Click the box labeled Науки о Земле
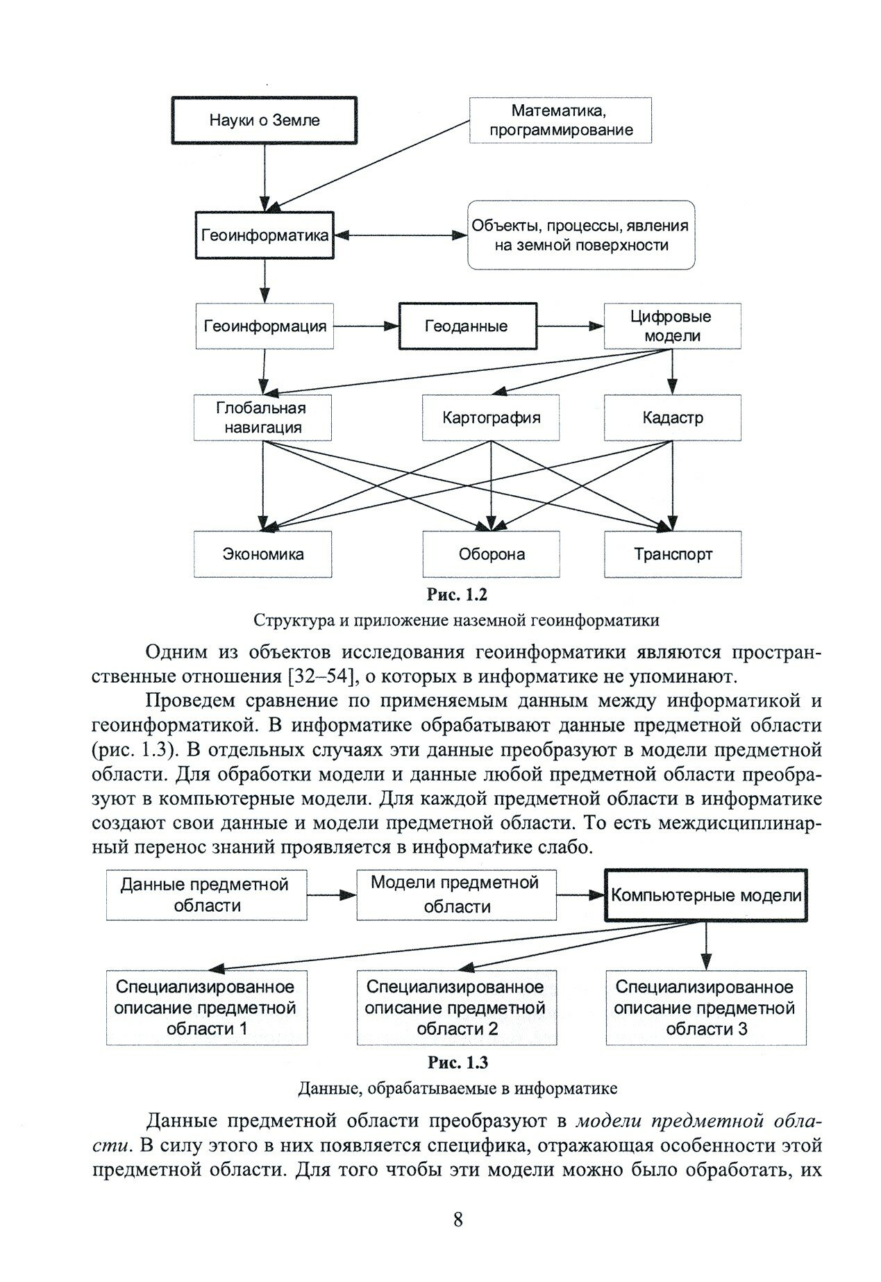[265, 120]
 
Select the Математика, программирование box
[560, 120]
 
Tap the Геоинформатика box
[265, 235]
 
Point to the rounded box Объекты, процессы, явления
[580, 235]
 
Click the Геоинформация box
[265, 326]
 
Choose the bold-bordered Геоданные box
[468, 326]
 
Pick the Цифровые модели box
[672, 326]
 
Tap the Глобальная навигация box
[263, 417]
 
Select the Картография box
[491, 417]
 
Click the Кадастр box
[672, 417]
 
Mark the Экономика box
[263, 553]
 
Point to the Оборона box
[491, 553]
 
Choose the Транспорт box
[672, 553]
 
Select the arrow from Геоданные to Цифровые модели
[570, 326]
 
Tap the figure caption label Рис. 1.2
[457, 595]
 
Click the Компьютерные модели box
[705, 895]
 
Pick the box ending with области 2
[456, 1007]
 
